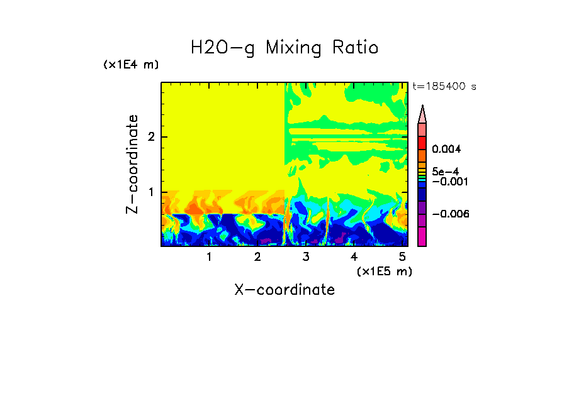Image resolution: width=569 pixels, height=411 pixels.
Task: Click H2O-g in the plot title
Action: [x=222, y=48]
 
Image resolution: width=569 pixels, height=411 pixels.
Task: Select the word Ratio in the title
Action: [x=356, y=48]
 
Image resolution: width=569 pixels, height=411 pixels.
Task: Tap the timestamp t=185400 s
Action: [x=444, y=87]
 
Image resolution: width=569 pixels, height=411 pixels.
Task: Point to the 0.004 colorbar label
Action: [x=447, y=150]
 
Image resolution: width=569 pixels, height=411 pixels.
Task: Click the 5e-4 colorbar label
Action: [x=445, y=172]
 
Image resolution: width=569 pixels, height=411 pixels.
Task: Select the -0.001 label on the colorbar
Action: [x=447, y=182]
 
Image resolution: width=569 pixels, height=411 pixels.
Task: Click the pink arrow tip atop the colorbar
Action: [x=422, y=114]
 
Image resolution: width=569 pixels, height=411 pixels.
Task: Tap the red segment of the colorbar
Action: [x=422, y=142]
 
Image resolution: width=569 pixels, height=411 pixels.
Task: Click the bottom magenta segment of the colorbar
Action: [x=422, y=237]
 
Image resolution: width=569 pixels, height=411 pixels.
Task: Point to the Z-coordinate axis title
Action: [x=133, y=164]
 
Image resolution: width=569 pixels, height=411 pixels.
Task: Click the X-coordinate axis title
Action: [x=284, y=290]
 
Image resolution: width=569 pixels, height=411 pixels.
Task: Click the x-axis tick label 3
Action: [x=306, y=257]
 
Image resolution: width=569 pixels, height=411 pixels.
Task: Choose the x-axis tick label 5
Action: [x=402, y=257]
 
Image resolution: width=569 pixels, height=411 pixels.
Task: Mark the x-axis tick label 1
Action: [x=209, y=257]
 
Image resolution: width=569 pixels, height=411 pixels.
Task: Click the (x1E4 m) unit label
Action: [x=132, y=65]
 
